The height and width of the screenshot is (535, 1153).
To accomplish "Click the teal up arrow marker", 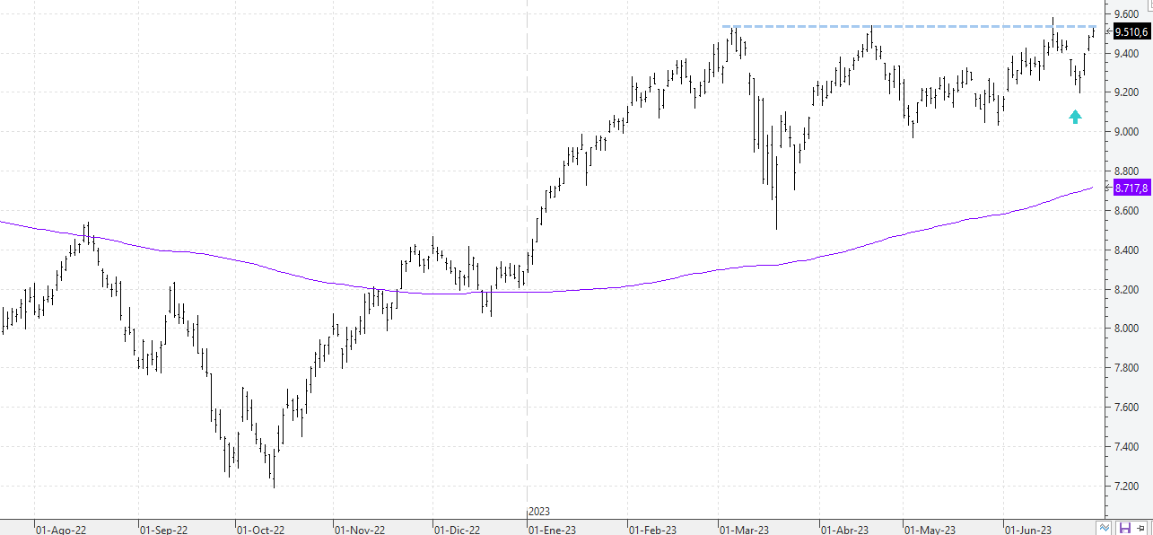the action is coord(1075,117).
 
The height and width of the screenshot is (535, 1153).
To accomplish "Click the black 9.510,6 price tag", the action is coord(1131,32).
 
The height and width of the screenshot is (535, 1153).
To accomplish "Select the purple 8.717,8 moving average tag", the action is coord(1131,188).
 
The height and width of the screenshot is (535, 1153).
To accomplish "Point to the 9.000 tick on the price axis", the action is coord(1126,132).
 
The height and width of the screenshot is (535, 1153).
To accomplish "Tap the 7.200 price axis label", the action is coord(1126,487).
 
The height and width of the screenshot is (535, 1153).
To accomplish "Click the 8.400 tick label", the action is coord(1126,250).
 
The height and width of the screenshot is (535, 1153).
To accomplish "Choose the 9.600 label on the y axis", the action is coord(1126,13).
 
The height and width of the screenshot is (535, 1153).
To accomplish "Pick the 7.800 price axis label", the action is coord(1126,368).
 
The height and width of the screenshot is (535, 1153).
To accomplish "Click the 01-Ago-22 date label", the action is coord(61,530).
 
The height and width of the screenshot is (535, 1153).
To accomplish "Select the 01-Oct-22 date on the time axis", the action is coord(260,530).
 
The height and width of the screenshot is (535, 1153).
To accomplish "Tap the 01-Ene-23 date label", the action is coord(553,530).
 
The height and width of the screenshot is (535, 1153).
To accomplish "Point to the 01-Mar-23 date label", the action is coord(745,530).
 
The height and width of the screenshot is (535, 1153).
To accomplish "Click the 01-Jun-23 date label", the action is coord(1028,530).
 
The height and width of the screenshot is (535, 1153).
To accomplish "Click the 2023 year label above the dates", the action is coord(539,512).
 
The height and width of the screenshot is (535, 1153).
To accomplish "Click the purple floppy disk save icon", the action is coord(1125,528).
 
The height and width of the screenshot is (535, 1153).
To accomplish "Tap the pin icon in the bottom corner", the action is coord(1141,528).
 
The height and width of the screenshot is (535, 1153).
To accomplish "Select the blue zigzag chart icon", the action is coord(1105,528).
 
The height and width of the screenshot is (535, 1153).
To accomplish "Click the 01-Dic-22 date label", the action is coord(457,530).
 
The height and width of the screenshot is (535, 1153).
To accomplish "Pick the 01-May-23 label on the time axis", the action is coord(930,530).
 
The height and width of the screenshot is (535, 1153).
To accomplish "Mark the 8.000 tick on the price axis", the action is coord(1126,329).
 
